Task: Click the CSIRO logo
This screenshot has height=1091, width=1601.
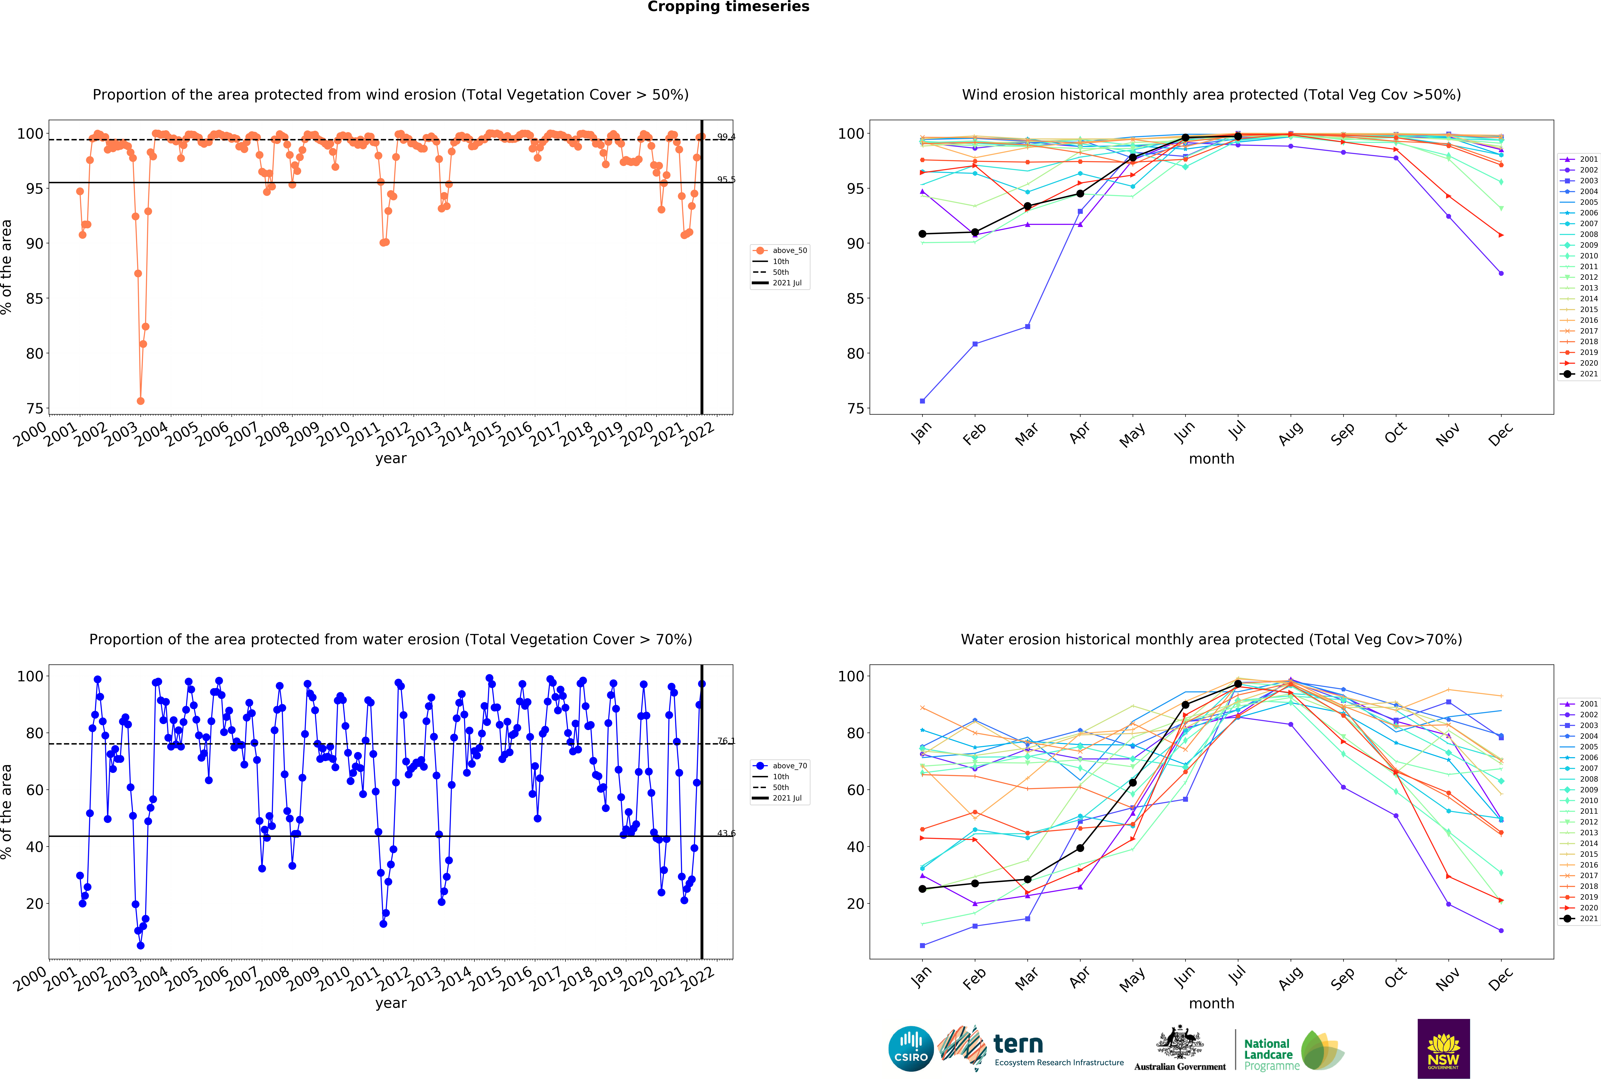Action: click(911, 1049)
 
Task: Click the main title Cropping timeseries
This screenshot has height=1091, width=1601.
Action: click(728, 7)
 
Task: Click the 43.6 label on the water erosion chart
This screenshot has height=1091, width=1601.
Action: click(726, 833)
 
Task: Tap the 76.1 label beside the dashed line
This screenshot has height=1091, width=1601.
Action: click(726, 741)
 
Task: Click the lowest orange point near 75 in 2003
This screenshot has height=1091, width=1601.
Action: click(141, 401)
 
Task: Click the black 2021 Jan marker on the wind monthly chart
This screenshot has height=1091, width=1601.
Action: click(922, 234)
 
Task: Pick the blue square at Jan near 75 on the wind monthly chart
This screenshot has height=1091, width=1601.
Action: click(922, 401)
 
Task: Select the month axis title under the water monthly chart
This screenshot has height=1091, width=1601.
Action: click(1211, 1004)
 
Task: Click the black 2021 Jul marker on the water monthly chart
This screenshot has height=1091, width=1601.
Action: click(1238, 684)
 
